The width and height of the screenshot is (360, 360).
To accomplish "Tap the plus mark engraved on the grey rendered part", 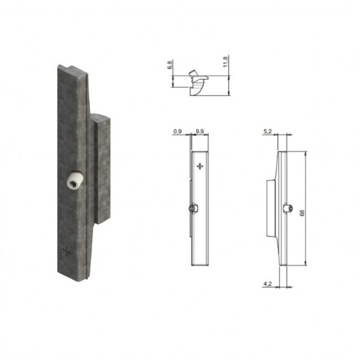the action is (x=67, y=251).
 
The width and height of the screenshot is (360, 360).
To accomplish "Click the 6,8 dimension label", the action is (x=170, y=65).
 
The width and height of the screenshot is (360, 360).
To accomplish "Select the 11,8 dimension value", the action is (x=225, y=61).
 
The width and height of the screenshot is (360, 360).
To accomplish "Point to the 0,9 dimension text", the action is (x=177, y=131).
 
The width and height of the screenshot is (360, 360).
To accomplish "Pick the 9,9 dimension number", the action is (x=200, y=131).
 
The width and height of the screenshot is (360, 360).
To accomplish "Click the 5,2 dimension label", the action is (x=268, y=131).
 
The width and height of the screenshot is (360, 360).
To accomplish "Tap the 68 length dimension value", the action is (x=302, y=213).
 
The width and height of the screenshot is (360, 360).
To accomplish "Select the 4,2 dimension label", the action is (x=268, y=284).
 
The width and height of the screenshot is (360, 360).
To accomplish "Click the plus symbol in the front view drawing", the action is (x=200, y=166).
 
